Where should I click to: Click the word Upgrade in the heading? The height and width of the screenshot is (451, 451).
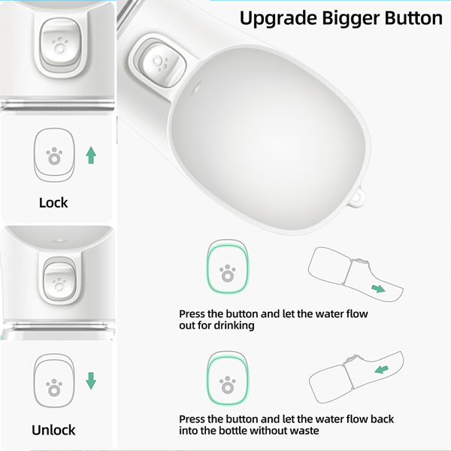point(278,19)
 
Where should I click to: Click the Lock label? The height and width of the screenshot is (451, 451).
point(53,203)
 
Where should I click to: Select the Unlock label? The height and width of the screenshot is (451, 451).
point(53,430)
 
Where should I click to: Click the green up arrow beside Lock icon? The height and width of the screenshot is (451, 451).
point(91,155)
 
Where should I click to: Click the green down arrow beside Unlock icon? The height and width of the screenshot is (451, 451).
point(91,381)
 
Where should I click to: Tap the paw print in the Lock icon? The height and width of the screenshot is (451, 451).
point(54,156)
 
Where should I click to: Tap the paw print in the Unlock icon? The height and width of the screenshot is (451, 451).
point(54,387)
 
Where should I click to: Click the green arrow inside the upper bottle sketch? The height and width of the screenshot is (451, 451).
point(378,289)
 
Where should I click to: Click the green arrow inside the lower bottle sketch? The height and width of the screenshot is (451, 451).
point(382,369)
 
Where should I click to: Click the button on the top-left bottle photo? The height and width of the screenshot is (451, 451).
point(60,46)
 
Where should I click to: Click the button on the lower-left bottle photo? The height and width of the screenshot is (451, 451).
point(59,282)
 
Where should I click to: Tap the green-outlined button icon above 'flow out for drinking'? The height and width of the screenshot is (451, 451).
point(228,267)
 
